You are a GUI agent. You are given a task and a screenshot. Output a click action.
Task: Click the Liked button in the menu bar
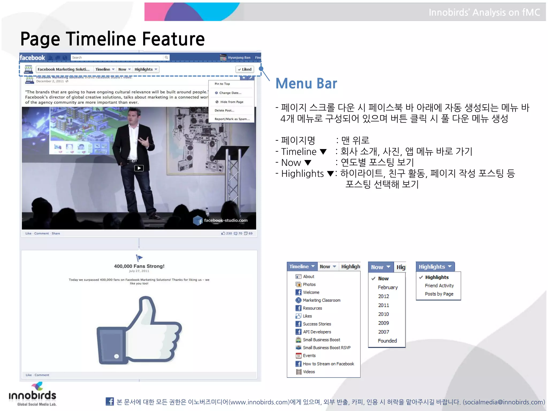pyautogui.click(x=245, y=69)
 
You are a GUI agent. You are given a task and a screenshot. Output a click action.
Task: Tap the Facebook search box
pyautogui.click(x=118, y=58)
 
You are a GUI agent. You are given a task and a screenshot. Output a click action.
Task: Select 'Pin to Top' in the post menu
pyautogui.click(x=222, y=84)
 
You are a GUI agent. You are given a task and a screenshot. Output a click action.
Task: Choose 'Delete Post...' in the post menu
pyautogui.click(x=224, y=110)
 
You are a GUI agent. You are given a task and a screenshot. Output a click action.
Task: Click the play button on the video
pyautogui.click(x=139, y=168)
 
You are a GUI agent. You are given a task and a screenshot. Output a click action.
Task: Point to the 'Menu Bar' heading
pyautogui.click(x=306, y=83)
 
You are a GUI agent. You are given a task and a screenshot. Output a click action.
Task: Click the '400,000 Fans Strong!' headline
pyautogui.click(x=139, y=266)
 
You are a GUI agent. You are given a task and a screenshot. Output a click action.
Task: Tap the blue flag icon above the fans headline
pyautogui.click(x=139, y=258)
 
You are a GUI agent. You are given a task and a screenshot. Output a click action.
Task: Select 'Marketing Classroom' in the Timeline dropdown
pyautogui.click(x=321, y=300)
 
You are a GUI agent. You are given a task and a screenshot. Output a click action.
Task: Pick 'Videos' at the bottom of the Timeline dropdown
pyautogui.click(x=309, y=372)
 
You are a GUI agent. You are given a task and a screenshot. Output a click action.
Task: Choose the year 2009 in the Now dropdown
pyautogui.click(x=383, y=323)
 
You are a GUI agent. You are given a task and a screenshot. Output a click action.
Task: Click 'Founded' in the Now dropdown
pyautogui.click(x=387, y=341)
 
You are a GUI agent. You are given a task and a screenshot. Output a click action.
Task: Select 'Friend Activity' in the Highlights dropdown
pyautogui.click(x=439, y=286)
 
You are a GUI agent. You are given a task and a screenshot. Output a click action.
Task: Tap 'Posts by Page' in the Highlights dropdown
pyautogui.click(x=439, y=294)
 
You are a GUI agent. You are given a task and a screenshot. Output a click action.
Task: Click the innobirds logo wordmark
pyautogui.click(x=32, y=395)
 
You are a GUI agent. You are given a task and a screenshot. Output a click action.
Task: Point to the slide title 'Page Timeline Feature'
pyautogui.click(x=112, y=39)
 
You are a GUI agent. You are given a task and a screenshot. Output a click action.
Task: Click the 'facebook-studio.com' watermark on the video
pyautogui.click(x=226, y=220)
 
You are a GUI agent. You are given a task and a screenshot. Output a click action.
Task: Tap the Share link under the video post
pyautogui.click(x=56, y=233)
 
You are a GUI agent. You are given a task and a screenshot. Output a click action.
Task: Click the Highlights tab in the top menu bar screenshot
pyautogui.click(x=146, y=69)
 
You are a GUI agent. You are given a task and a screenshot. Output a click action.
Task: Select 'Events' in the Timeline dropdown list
pyautogui.click(x=309, y=356)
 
